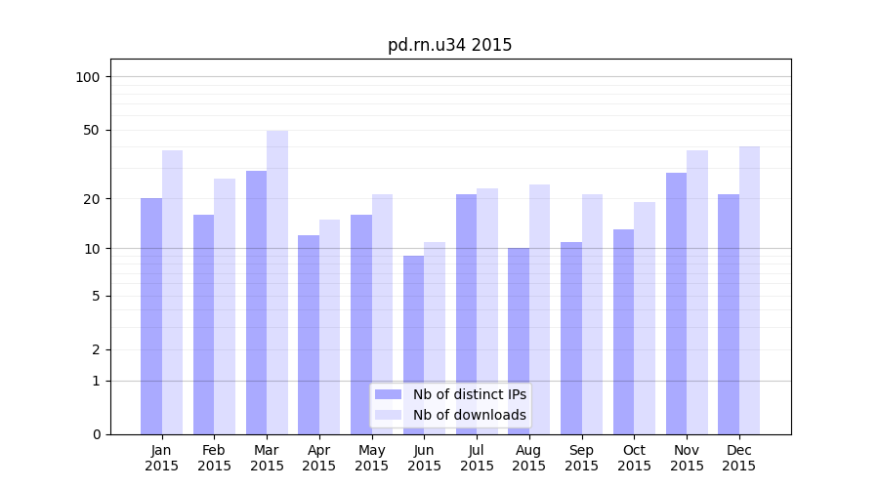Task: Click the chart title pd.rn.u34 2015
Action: tap(449, 45)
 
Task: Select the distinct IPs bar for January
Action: tap(151, 316)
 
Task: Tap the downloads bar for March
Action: tap(277, 282)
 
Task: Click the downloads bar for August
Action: tap(539, 309)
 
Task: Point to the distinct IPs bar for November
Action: tap(676, 304)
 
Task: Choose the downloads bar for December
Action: tap(749, 290)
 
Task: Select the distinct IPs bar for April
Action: tap(309, 334)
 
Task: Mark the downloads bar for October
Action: tap(645, 318)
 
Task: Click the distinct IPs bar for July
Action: tap(466, 314)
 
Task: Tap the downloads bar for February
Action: tap(225, 306)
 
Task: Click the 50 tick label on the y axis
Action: tap(92, 130)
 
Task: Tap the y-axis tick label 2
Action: tap(96, 349)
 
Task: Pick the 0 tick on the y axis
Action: tap(96, 434)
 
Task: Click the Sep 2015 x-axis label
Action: tap(581, 458)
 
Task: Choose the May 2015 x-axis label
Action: tap(371, 458)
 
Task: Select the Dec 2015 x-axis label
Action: tap(738, 458)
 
